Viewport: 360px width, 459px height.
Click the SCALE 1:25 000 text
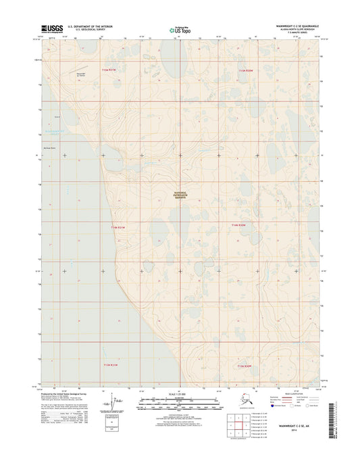(179, 393)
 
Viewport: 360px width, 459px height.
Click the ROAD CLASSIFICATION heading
(293, 393)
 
